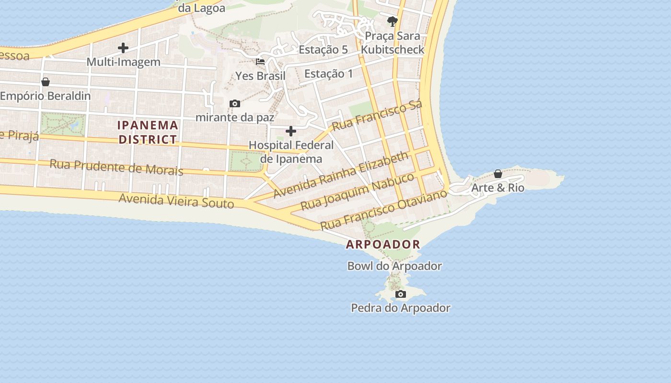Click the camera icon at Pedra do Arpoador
[x=401, y=294]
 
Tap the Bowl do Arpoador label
[x=394, y=266]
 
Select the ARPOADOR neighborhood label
[x=383, y=244]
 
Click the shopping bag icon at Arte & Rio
[x=498, y=174]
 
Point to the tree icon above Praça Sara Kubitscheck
[x=393, y=21]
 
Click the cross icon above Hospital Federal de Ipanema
[x=291, y=131]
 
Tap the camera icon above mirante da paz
[x=235, y=103]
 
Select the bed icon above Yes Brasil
[x=260, y=62]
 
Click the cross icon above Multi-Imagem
[x=123, y=48]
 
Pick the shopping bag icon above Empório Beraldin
[x=46, y=82]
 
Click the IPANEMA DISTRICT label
[x=148, y=132]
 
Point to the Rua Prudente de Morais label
[x=116, y=167]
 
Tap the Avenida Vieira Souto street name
[x=176, y=201]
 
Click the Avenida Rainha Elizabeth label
[x=341, y=175]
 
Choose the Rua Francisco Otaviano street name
[x=383, y=209]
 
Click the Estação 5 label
[x=323, y=49]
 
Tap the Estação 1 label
[x=329, y=74]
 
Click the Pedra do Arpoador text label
[x=401, y=308]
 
